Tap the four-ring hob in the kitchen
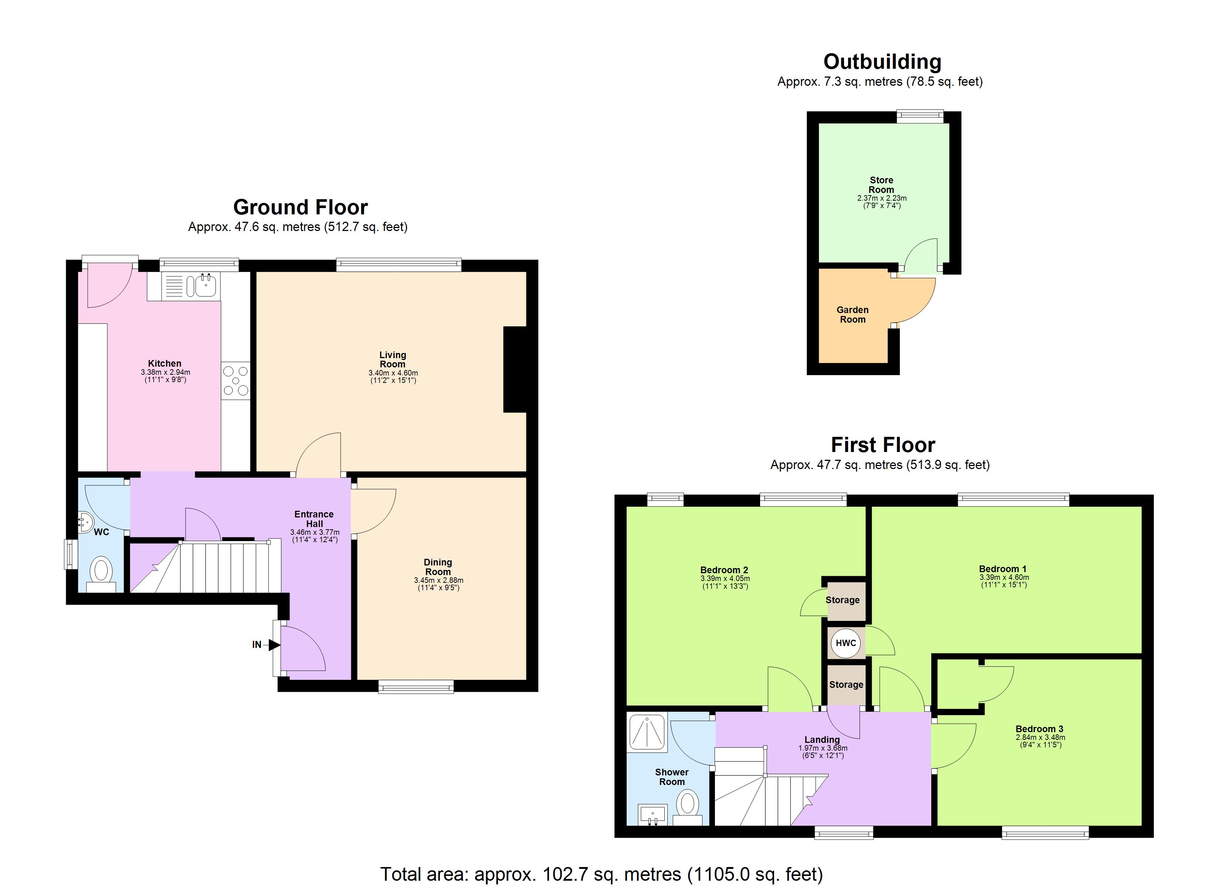(x=235, y=380)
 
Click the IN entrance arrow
(x=274, y=645)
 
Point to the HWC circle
(x=845, y=643)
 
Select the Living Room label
(x=392, y=359)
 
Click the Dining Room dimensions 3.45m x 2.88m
(x=438, y=580)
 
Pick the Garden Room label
(x=853, y=315)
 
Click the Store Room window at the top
(x=920, y=116)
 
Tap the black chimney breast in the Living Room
(x=515, y=370)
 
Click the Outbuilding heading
(x=882, y=62)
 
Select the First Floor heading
(x=883, y=445)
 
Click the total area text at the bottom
(x=601, y=874)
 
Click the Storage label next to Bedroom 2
(x=843, y=600)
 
